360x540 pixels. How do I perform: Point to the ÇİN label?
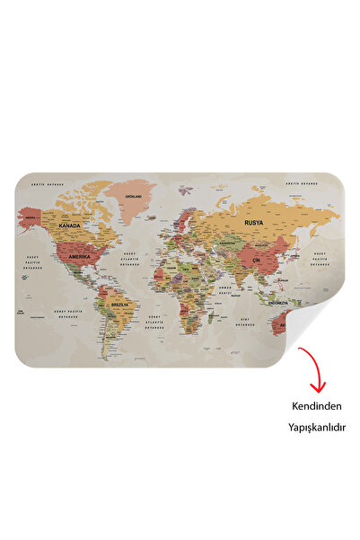(255, 260)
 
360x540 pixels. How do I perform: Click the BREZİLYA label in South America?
(119, 304)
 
